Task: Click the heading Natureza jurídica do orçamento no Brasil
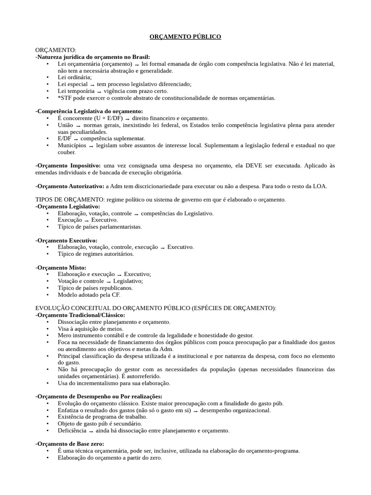tap(93, 57)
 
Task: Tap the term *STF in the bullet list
tap(64, 98)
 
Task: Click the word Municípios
tap(72, 145)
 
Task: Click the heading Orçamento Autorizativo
tap(70, 186)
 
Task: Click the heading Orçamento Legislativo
tap(68, 206)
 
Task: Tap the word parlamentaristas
tap(119, 226)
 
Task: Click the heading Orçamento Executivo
tap(67, 240)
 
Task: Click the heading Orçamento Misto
tap(61, 267)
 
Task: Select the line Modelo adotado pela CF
tap(88, 294)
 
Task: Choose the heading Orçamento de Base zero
tap(70, 444)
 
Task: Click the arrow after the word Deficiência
tap(91, 431)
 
